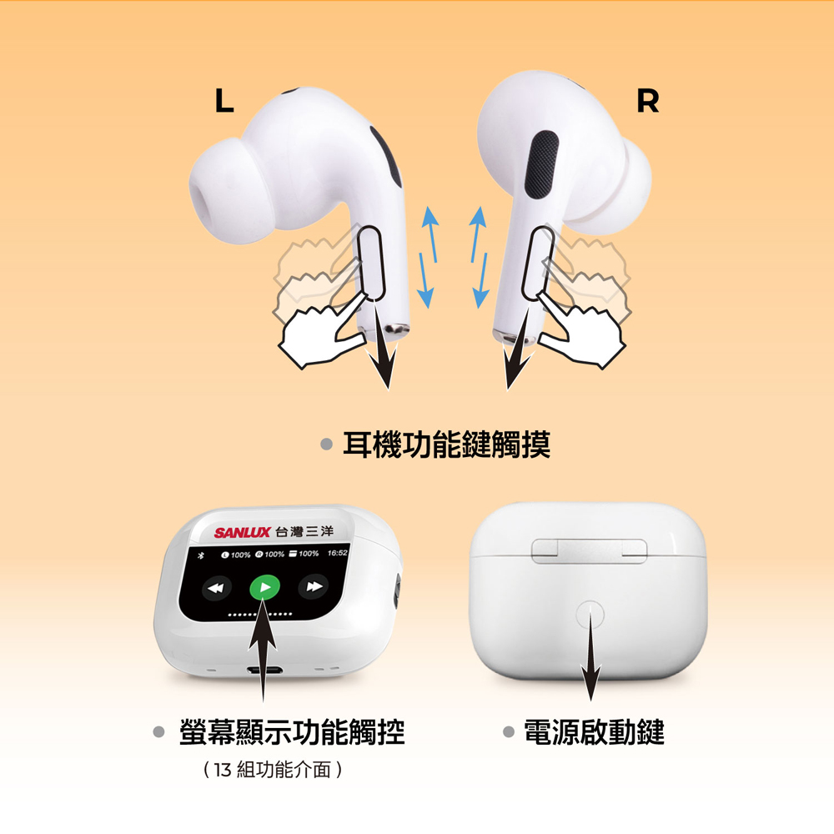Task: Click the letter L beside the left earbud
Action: [x=224, y=101]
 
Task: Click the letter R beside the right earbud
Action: [x=648, y=101]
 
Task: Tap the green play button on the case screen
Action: [x=264, y=587]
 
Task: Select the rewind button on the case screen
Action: [x=217, y=588]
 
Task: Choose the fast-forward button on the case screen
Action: [x=314, y=586]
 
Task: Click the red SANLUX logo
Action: [x=243, y=532]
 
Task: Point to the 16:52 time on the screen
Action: [x=337, y=553]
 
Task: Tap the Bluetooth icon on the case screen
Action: [x=201, y=555]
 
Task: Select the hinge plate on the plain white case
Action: [x=590, y=550]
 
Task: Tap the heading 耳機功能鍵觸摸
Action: [x=446, y=445]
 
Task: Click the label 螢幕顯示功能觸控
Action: [x=292, y=732]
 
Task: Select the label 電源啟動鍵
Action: [x=594, y=732]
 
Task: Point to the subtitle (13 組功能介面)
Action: [x=273, y=770]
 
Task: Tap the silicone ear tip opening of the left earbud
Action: [x=203, y=200]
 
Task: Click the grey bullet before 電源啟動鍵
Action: [x=509, y=732]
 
